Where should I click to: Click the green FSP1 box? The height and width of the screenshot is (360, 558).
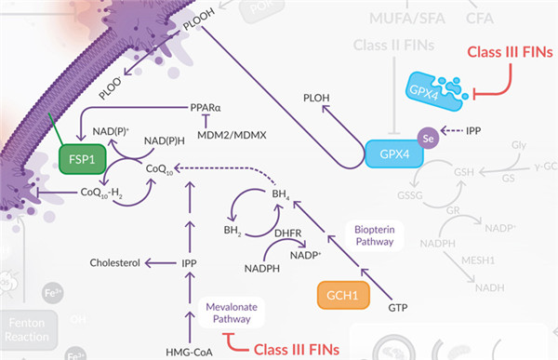82,159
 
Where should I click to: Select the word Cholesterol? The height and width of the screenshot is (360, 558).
114,263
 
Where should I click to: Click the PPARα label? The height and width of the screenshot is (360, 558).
206,107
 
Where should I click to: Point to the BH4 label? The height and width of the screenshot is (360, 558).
281,193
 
